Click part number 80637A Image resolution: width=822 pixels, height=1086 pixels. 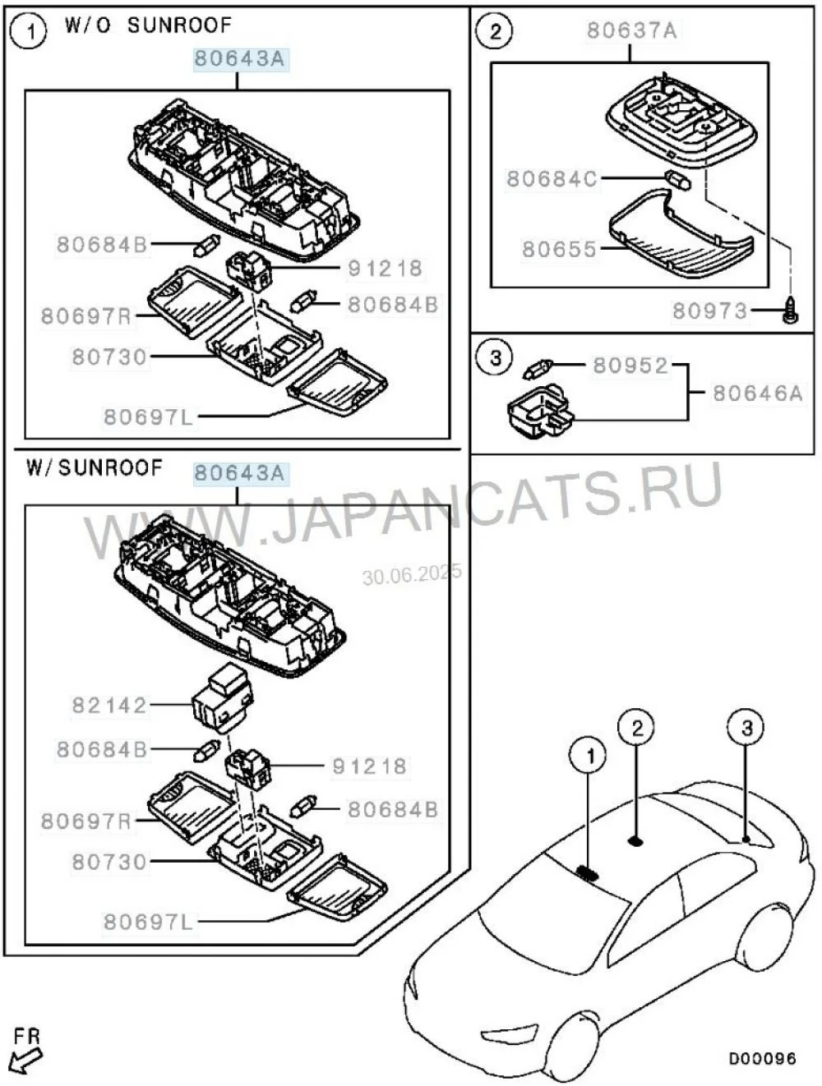[630, 31]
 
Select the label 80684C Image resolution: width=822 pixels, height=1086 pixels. [552, 178]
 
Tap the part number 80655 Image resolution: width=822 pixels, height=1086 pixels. [559, 249]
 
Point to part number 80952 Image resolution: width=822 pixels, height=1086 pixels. [630, 366]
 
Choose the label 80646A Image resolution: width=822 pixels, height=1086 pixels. [757, 393]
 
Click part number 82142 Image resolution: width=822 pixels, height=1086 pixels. [109, 705]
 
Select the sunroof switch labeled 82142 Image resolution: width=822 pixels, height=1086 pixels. [224, 698]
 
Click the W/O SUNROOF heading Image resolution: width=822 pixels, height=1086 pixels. [148, 25]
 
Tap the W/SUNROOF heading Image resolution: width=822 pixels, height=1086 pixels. [95, 468]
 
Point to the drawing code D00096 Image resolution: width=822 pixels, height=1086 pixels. [762, 1058]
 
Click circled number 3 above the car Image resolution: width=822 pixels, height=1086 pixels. [746, 728]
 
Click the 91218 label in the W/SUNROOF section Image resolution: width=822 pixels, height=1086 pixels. [369, 766]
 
